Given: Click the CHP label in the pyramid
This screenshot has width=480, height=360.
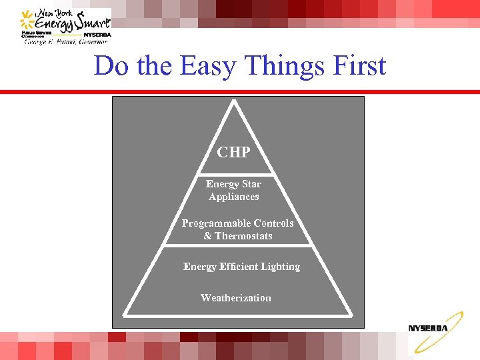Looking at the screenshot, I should [x=233, y=152].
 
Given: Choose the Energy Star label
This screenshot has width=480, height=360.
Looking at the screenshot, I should [x=233, y=184].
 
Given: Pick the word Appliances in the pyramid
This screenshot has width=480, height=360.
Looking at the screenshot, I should [x=233, y=197].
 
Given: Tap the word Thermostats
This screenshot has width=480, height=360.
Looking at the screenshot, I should [x=243, y=236].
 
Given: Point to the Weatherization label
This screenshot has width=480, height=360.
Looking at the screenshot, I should [x=236, y=298].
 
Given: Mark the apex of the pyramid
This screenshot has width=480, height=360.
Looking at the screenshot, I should [x=234, y=101].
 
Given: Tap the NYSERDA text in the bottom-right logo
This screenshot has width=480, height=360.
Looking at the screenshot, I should [x=428, y=328].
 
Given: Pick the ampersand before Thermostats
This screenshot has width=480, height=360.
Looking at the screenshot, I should [x=207, y=236].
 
